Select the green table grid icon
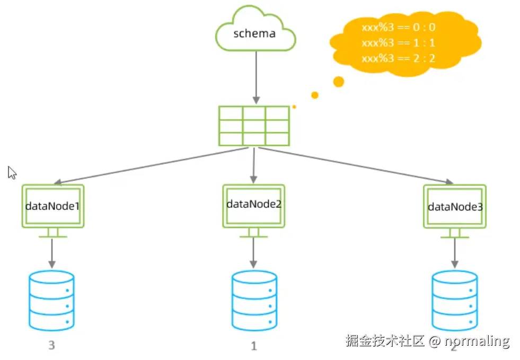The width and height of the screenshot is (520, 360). pyautogui.click(x=254, y=126)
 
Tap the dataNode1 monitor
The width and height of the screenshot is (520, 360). pyautogui.click(x=52, y=206)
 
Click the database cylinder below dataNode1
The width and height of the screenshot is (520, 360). pyautogui.click(x=51, y=301)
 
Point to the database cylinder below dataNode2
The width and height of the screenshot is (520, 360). pyautogui.click(x=254, y=301)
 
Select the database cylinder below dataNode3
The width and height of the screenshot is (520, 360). pyautogui.click(x=454, y=301)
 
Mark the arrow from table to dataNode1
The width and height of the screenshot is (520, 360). pyautogui.click(x=148, y=166)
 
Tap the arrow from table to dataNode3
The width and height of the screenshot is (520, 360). pyautogui.click(x=360, y=166)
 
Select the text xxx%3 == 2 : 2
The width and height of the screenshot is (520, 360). pyautogui.click(x=398, y=58)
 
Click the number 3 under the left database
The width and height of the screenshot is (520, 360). pyautogui.click(x=51, y=346)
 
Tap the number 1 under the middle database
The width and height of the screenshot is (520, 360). pyautogui.click(x=253, y=346)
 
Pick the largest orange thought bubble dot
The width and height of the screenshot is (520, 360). pyautogui.click(x=338, y=82)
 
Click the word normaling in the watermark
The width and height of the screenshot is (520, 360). pyautogui.click(x=477, y=341)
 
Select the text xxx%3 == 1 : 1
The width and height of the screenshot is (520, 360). pyautogui.click(x=398, y=43)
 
